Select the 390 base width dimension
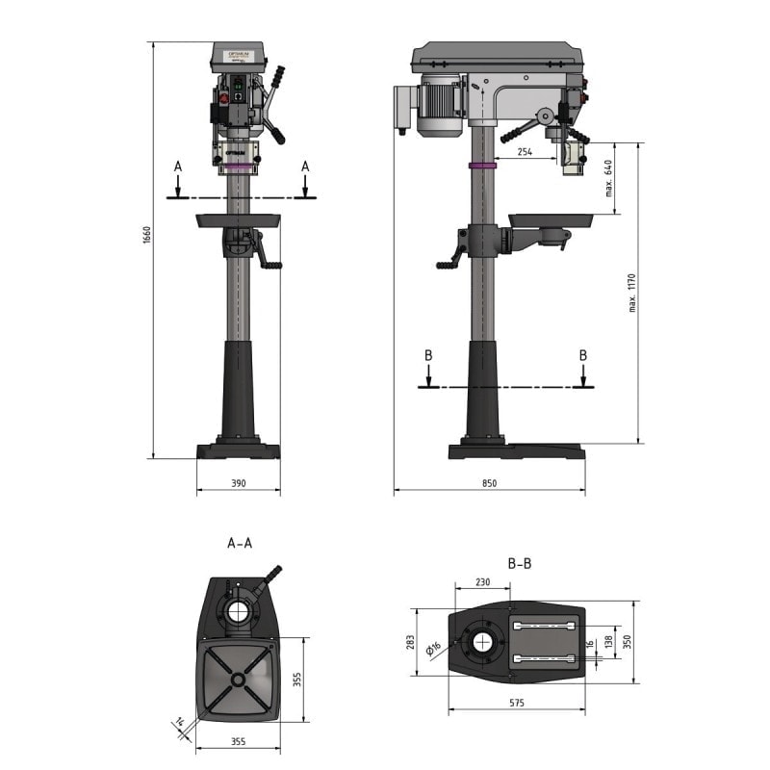click(238, 482)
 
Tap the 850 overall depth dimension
click(489, 482)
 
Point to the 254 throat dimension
click(524, 152)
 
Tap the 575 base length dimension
click(517, 704)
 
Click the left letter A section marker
click(178, 167)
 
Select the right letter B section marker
click(582, 355)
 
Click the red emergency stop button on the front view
click(225, 100)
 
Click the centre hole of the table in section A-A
click(237, 680)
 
